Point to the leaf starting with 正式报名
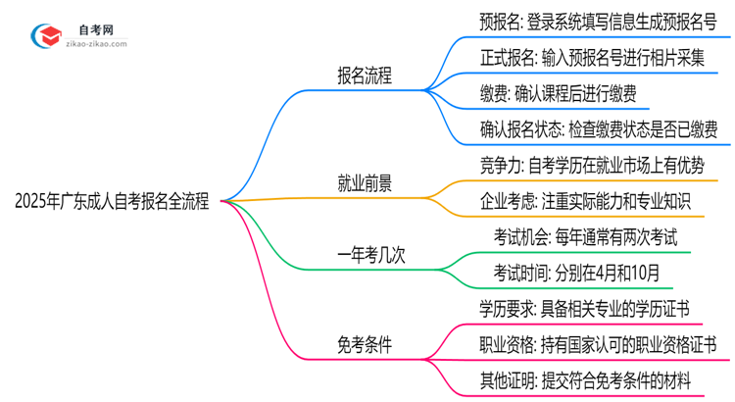coord(593,58)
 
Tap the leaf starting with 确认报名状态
coord(599,128)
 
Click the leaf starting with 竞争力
coord(592,165)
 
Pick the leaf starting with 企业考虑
coord(586,200)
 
